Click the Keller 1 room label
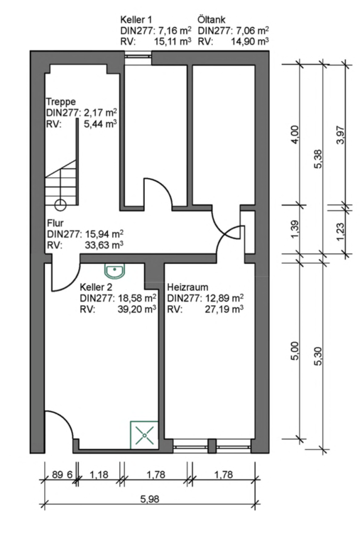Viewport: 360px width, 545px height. pyautogui.click(x=136, y=19)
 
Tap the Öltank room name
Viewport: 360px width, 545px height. pyautogui.click(x=212, y=19)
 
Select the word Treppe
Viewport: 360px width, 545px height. pyautogui.click(x=61, y=102)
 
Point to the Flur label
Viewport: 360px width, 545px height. pyautogui.click(x=55, y=222)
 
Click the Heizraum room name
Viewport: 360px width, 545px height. pyautogui.click(x=188, y=287)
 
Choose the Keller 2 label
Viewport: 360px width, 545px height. pyautogui.click(x=96, y=287)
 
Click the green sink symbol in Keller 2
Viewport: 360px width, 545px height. pyautogui.click(x=115, y=271)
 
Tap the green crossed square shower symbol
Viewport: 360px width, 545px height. pyautogui.click(x=144, y=435)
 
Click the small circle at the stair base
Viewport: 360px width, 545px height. pyautogui.click(x=60, y=204)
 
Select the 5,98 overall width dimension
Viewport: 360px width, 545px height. pyautogui.click(x=150, y=499)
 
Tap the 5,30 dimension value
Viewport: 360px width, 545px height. pyautogui.click(x=318, y=357)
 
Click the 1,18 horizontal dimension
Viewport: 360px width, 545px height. pyautogui.click(x=99, y=475)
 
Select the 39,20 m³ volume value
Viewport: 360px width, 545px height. pyautogui.click(x=137, y=309)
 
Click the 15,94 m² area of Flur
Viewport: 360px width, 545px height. pyautogui.click(x=104, y=233)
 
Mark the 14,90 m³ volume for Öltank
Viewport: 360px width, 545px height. pyautogui.click(x=250, y=42)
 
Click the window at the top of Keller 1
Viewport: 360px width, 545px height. pyautogui.click(x=138, y=54)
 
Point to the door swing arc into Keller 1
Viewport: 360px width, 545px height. pyautogui.click(x=163, y=186)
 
